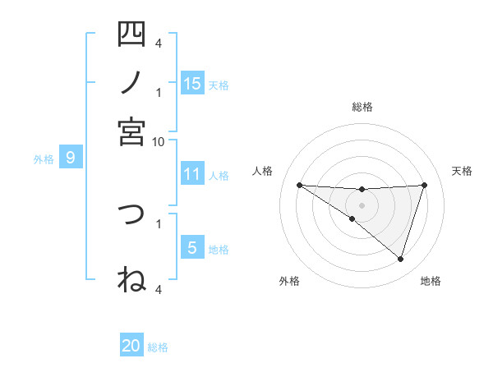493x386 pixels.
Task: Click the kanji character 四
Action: point(131,34)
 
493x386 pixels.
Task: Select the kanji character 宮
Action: point(131,131)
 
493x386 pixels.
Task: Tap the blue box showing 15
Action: point(192,83)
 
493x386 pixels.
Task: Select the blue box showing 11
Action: point(192,174)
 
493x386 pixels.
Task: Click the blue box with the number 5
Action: point(192,248)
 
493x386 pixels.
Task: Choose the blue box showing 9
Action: point(71,157)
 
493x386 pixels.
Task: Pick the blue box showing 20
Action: point(131,347)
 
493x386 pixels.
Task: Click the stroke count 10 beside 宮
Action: point(159,141)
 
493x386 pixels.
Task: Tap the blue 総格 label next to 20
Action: point(159,347)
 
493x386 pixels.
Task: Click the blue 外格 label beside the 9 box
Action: point(44,159)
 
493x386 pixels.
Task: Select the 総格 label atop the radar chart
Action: point(362,107)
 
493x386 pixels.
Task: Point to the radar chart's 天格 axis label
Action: point(462,171)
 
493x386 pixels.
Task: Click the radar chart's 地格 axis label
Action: point(431,281)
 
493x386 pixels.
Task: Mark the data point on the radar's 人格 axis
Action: point(299,185)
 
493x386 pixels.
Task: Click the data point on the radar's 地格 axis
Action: point(400,259)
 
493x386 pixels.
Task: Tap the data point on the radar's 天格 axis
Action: point(425,185)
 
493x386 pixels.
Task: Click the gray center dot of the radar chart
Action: point(362,204)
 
